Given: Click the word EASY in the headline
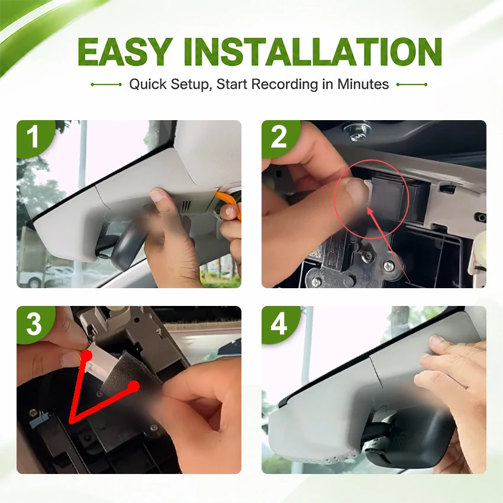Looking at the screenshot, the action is click(x=123, y=52).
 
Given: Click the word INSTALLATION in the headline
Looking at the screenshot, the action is click(x=313, y=52).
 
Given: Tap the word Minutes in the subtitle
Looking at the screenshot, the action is click(x=363, y=84).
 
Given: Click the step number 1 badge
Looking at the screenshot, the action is click(x=34, y=138).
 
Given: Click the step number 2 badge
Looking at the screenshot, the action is click(x=279, y=137).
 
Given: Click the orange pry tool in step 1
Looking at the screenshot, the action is click(x=230, y=203).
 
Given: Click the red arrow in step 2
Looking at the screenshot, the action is click(x=388, y=244).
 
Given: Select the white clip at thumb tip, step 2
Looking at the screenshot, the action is click(x=369, y=192).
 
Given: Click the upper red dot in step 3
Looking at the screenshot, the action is click(x=86, y=356).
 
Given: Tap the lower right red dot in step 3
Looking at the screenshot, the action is click(x=134, y=386).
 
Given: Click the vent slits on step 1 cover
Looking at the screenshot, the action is click(x=186, y=205).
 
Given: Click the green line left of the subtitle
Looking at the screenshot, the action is click(x=106, y=85).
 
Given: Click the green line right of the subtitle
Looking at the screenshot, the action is click(x=412, y=85).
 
